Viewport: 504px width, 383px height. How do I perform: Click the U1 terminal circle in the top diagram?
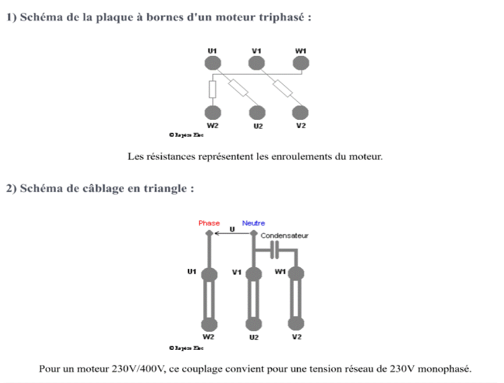[x=212, y=62]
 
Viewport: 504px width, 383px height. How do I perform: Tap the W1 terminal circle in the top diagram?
[x=300, y=62]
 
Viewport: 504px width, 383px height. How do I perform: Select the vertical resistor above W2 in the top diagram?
[x=212, y=89]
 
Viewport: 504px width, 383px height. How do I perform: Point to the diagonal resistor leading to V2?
[x=283, y=89]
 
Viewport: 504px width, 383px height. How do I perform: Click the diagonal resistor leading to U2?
[x=239, y=88]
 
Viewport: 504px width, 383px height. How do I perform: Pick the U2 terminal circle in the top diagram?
[x=257, y=112]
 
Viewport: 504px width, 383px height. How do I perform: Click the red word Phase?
[x=209, y=223]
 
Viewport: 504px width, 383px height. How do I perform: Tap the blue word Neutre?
[x=253, y=223]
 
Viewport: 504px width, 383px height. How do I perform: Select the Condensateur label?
[x=285, y=236]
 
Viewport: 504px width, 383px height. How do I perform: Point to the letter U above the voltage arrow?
[x=232, y=229]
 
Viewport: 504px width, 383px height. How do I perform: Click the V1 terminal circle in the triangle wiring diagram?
[x=254, y=274]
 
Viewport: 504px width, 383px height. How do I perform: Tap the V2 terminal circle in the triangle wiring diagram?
[x=297, y=324]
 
